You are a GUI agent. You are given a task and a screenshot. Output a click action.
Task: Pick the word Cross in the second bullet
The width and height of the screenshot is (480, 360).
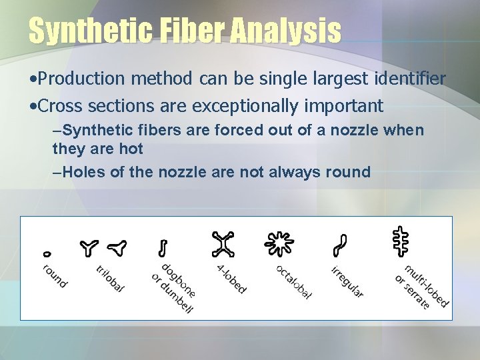pyautogui.click(x=60, y=105)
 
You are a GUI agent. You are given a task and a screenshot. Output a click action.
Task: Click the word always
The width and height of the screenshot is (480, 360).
pyautogui.click(x=296, y=172)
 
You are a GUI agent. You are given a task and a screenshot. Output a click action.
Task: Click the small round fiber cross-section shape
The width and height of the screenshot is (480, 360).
pyautogui.click(x=47, y=253)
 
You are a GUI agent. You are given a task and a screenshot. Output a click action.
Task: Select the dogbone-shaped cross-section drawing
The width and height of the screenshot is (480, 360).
pyautogui.click(x=162, y=248)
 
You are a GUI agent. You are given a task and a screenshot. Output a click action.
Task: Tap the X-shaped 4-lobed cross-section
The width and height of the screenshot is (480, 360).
pyautogui.click(x=223, y=245)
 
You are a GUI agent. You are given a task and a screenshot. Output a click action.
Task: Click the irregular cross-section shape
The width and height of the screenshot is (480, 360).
pyautogui.click(x=341, y=246)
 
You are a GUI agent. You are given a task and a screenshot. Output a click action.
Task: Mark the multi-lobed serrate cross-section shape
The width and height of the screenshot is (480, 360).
pyautogui.click(x=399, y=242)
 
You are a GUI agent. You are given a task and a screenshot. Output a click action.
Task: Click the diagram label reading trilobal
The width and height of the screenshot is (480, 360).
pyautogui.click(x=110, y=279)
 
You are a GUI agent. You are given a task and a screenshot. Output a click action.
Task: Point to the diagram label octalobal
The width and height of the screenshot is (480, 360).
pyautogui.click(x=293, y=282)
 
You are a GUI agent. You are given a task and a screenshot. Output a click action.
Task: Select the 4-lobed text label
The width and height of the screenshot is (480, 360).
pyautogui.click(x=231, y=279)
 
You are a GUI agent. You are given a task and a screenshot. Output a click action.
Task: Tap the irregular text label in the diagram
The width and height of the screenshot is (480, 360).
pyautogui.click(x=347, y=281)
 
